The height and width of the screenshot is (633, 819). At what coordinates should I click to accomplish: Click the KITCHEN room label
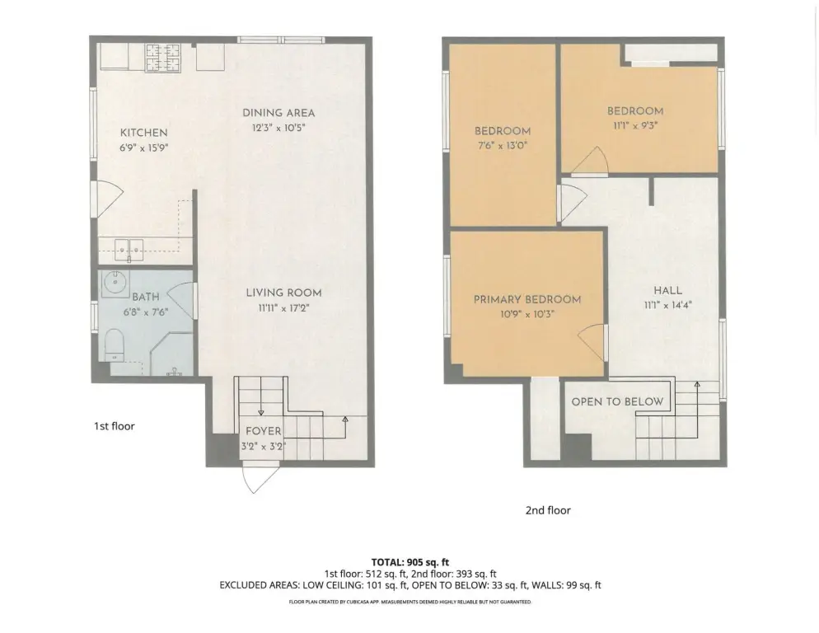[143, 133]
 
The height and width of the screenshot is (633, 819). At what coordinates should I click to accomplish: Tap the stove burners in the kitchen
[163, 57]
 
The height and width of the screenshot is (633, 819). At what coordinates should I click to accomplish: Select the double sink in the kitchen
[129, 250]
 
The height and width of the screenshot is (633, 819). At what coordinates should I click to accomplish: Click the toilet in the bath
[115, 345]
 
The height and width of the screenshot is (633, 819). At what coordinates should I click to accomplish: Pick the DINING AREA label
[278, 113]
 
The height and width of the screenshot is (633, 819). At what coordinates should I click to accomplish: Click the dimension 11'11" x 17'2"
[283, 308]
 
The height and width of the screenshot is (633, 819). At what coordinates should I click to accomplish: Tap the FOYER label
[264, 431]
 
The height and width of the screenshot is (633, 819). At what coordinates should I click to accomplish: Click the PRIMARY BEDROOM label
[527, 299]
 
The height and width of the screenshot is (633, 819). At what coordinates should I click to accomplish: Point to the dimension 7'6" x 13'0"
[503, 145]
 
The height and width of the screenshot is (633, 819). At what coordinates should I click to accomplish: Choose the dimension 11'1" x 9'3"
[635, 125]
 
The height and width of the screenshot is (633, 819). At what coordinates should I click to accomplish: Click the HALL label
[667, 291]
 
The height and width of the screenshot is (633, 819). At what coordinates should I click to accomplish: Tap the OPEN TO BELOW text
[617, 401]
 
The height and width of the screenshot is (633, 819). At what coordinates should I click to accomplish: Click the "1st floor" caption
[115, 426]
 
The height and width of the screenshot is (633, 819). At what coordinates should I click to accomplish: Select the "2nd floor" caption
[548, 510]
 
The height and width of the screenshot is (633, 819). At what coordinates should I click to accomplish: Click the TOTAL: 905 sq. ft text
[410, 562]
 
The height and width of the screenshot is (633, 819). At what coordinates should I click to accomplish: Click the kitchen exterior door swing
[107, 199]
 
